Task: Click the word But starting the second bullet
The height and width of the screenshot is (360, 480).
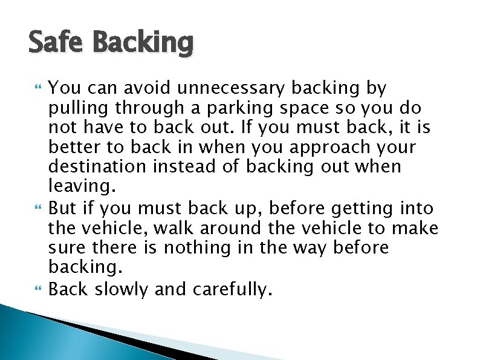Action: click(x=62, y=209)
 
